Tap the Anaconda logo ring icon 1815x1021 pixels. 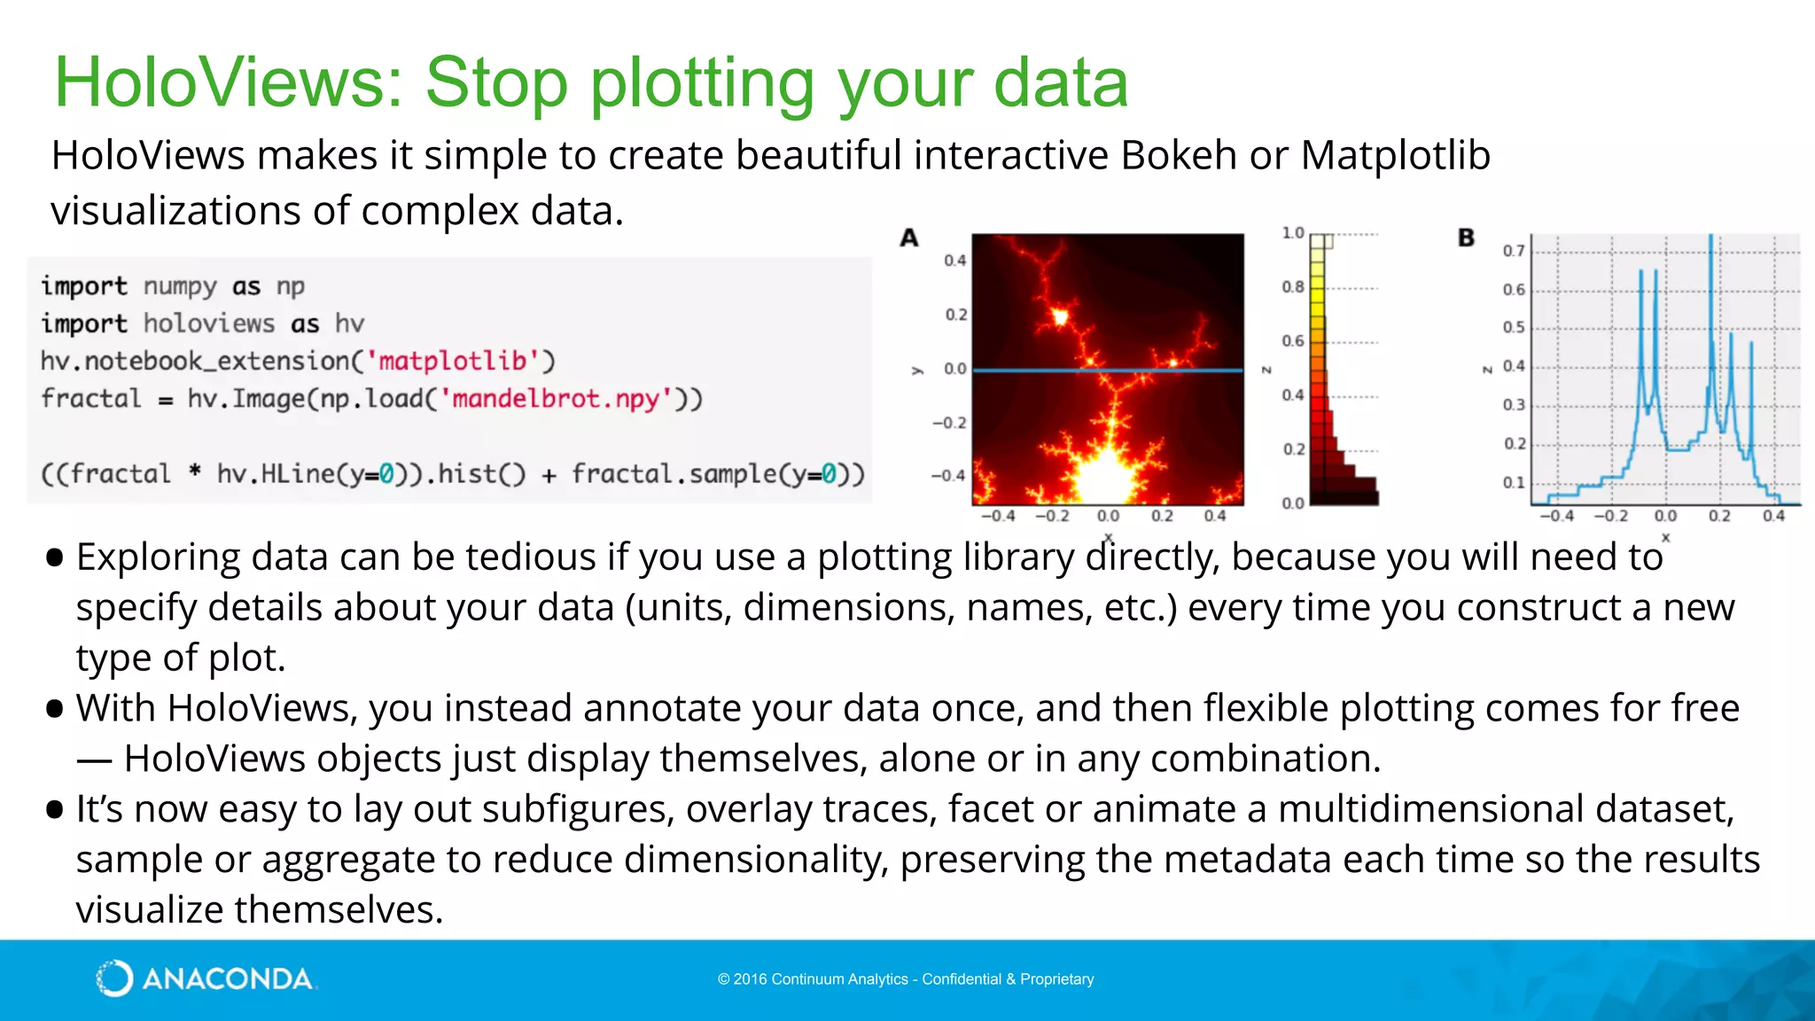click(114, 978)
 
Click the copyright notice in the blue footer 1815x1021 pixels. click(906, 979)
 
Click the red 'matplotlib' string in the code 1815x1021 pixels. click(454, 361)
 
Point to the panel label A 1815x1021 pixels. click(909, 238)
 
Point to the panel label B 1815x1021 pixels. click(1467, 238)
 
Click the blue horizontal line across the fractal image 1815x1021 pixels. click(1108, 370)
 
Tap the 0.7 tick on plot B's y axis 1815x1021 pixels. click(1513, 251)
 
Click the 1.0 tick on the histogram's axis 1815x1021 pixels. click(1293, 233)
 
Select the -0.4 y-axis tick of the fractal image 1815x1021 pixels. click(947, 476)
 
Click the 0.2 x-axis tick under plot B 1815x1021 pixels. click(1719, 516)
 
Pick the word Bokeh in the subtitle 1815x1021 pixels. click(1178, 156)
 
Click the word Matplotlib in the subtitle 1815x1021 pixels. click(1395, 156)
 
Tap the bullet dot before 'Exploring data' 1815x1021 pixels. click(55, 557)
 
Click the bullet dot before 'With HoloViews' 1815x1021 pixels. click(55, 709)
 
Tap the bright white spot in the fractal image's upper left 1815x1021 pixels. click(1060, 316)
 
